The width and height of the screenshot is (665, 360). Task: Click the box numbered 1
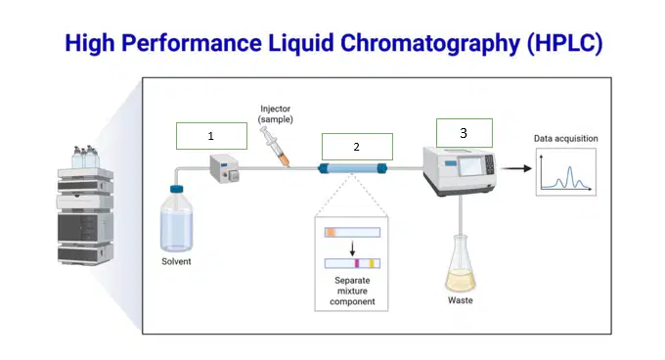pos(211,136)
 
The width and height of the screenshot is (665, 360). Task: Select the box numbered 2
pos(357,147)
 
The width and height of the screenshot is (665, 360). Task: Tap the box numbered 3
pos(465,133)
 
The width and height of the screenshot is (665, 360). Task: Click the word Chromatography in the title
pos(430,44)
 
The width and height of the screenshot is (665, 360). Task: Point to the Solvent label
pos(176,261)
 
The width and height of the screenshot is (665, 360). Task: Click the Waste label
pos(461,300)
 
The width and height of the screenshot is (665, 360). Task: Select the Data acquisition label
pos(566,138)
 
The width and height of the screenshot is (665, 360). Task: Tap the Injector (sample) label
pos(275,114)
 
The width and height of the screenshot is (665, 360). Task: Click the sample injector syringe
pos(275,147)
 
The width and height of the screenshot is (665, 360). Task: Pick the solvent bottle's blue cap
pos(177,189)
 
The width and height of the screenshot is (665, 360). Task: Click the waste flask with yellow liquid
pos(461,264)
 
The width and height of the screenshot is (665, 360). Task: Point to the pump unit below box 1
pos(224,169)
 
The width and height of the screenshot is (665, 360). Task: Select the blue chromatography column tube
pos(353,169)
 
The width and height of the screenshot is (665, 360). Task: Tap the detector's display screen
pos(470,165)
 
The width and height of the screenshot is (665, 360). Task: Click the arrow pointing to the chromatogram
pos(516,168)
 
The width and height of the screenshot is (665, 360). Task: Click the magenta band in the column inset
pos(357,263)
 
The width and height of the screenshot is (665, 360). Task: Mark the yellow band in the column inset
pos(371,263)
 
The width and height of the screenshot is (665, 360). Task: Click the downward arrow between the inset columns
pos(352,248)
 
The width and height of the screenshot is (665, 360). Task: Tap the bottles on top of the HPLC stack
pos(85,157)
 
